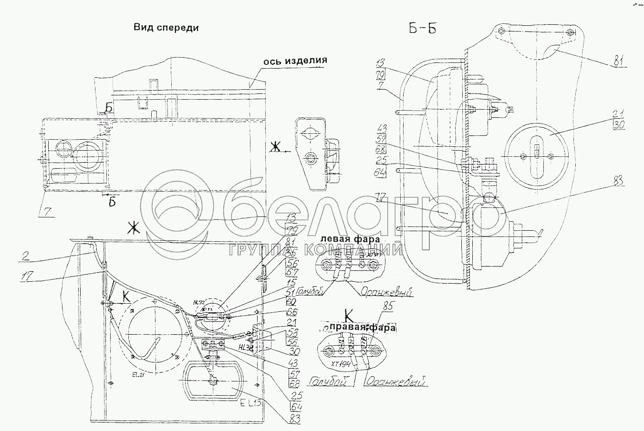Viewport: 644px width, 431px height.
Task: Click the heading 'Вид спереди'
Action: point(166,28)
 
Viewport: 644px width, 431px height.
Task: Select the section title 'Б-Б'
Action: point(422,29)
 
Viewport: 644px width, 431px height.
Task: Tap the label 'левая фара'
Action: point(350,239)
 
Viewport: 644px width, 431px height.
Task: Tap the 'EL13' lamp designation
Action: point(250,403)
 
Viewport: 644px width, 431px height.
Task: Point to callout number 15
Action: point(290,285)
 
